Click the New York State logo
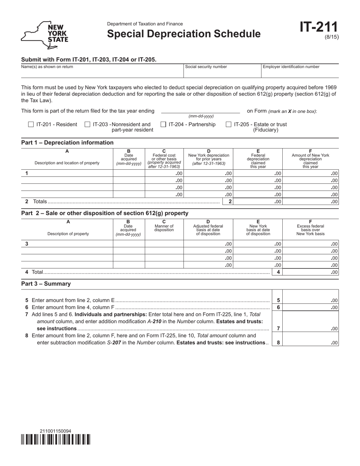pos(45,35)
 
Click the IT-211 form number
pos(319,27)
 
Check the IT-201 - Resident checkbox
pos(31,124)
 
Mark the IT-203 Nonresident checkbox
pos(88,124)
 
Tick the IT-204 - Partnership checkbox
pos(163,124)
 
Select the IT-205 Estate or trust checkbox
pos(229,124)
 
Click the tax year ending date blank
pos(200,110)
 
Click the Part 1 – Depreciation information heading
pos(67,142)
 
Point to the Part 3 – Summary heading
pos(46,284)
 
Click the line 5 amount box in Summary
pos(311,300)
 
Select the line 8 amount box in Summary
pos(311,342)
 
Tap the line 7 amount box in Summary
pos(311,328)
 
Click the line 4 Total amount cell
pos(311,272)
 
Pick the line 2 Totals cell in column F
pos(311,202)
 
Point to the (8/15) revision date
pos(332,37)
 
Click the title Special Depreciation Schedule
pos(184,34)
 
